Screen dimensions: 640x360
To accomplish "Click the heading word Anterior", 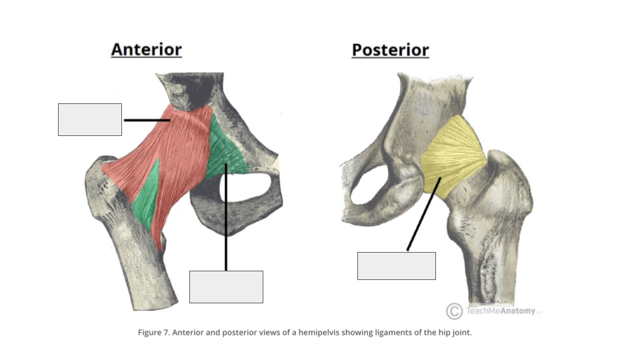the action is (x=146, y=49).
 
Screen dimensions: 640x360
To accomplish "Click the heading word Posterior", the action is (x=390, y=50).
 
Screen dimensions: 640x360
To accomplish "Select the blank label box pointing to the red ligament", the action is (x=90, y=119).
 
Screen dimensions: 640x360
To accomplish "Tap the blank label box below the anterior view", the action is (x=226, y=287).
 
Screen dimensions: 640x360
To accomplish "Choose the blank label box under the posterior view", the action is (x=396, y=266).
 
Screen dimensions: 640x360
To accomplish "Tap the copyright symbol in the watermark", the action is (x=454, y=311).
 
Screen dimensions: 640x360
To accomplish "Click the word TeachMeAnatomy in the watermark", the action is (x=501, y=311).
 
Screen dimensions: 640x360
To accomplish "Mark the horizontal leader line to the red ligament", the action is (x=147, y=120).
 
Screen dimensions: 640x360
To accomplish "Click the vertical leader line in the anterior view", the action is (x=226, y=217).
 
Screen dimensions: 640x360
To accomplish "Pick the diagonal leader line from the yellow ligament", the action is (x=424, y=214).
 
